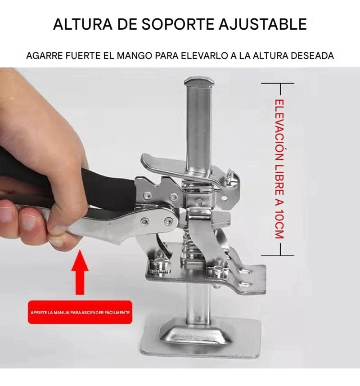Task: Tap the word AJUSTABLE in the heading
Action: pyautogui.click(x=263, y=24)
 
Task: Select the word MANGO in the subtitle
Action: pyautogui.click(x=134, y=56)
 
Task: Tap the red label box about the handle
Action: pyautogui.click(x=80, y=312)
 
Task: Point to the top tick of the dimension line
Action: pyautogui.click(x=278, y=83)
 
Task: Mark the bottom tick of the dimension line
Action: pyautogui.click(x=278, y=255)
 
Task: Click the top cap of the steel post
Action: pyautogui.click(x=199, y=82)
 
